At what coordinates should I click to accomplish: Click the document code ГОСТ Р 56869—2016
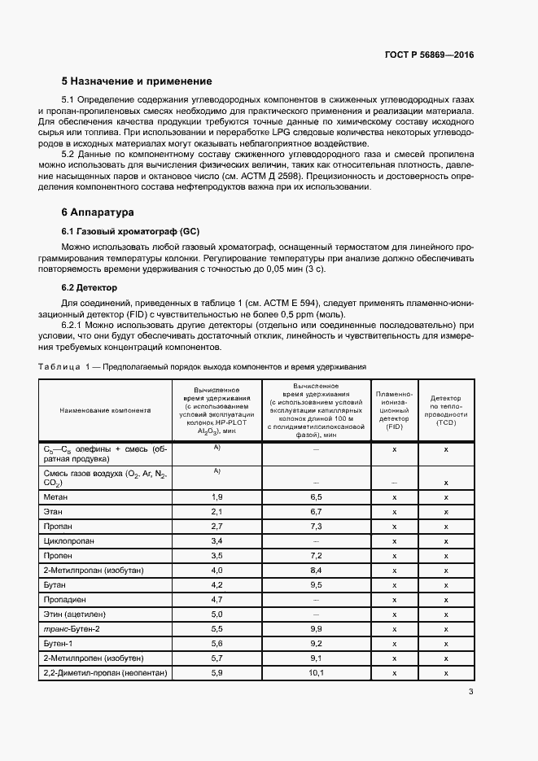click(x=429, y=55)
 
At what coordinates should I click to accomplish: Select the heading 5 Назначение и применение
click(x=137, y=81)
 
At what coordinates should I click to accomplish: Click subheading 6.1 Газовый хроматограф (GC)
click(x=130, y=231)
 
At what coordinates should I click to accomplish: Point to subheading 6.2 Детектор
click(x=90, y=287)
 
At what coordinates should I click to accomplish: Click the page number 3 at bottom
click(x=471, y=692)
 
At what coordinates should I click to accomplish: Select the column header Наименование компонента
click(x=105, y=410)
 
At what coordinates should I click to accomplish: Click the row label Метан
click(x=56, y=496)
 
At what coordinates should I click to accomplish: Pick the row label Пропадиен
click(x=65, y=599)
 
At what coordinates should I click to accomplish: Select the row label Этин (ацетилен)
click(x=75, y=614)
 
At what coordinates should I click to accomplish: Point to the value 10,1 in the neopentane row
click(x=317, y=672)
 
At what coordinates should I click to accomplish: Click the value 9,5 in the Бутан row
click(x=317, y=584)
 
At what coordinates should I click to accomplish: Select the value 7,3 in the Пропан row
click(x=317, y=526)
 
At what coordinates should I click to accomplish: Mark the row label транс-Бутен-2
click(x=72, y=628)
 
